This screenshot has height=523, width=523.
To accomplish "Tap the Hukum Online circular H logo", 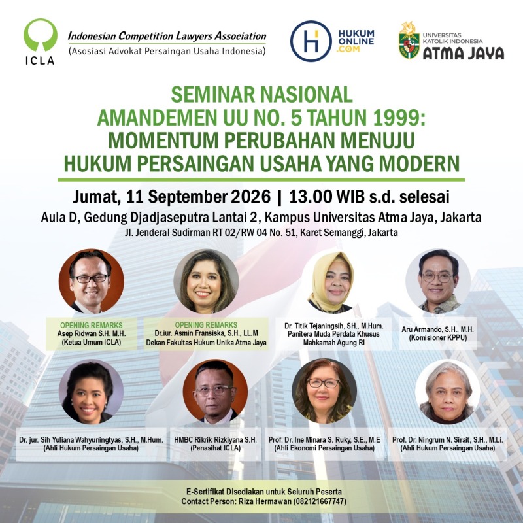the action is [x=311, y=41].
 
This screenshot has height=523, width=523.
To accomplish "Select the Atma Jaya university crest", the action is [x=409, y=41].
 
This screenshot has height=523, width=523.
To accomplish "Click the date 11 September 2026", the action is [x=199, y=197].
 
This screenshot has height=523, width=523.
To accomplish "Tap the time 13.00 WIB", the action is [x=327, y=197].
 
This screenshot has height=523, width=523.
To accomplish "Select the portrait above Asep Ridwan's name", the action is [x=92, y=281].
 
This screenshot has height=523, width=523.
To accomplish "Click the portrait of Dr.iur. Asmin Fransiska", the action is [x=206, y=281].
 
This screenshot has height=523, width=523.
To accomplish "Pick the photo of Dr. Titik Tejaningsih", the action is [x=332, y=281].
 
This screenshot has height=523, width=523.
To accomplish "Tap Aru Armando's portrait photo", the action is [x=438, y=281].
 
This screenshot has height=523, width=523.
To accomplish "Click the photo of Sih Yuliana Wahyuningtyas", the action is [x=91, y=392].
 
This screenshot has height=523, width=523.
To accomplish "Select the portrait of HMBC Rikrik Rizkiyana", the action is [x=216, y=392].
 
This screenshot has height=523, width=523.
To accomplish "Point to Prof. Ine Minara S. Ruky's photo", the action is [x=324, y=391].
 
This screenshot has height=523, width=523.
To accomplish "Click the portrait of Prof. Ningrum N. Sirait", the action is [x=447, y=392].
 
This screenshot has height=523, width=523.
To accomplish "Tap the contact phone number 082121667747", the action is [x=320, y=501].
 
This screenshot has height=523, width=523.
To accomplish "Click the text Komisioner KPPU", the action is [x=438, y=337].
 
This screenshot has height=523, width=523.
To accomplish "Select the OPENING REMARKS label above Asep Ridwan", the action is [x=92, y=325].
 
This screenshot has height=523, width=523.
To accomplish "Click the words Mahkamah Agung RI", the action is [x=334, y=342].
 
